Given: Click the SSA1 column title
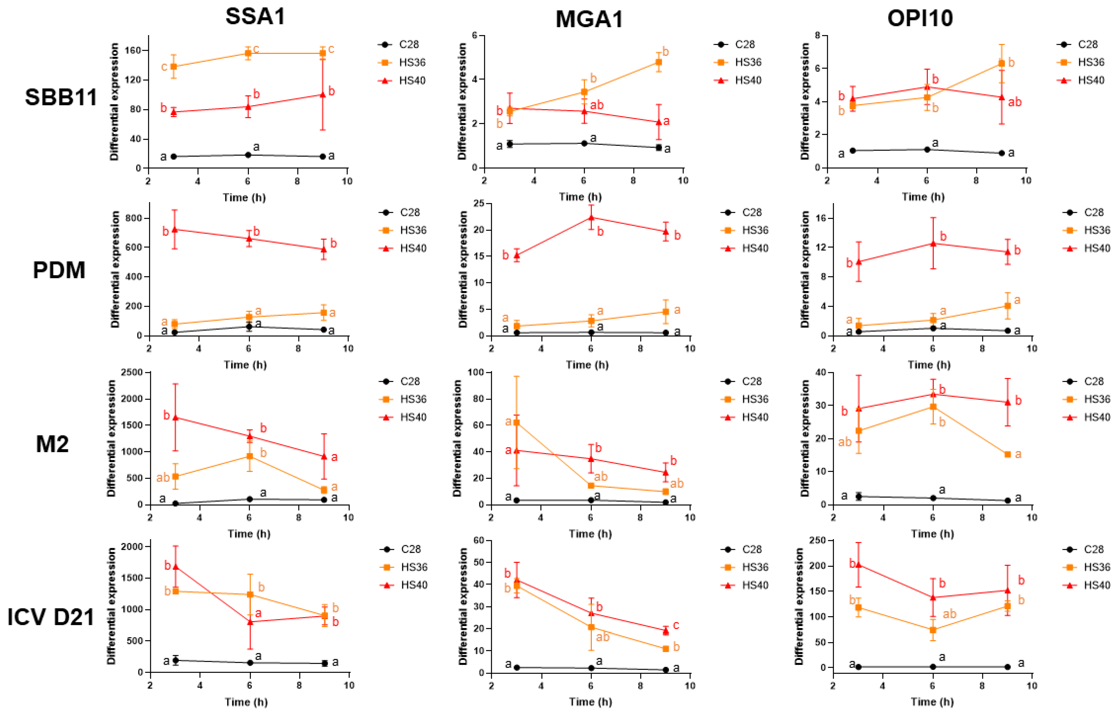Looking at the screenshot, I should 255,17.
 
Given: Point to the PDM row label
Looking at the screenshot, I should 59,270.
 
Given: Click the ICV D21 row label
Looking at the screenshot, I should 51,617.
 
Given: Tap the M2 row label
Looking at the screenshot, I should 52,444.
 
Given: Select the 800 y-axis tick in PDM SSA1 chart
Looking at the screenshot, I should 135,218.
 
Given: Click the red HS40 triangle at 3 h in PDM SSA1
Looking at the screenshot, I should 175,229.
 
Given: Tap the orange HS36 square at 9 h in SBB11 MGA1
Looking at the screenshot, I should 658,62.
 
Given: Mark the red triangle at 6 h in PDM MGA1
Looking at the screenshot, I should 591,217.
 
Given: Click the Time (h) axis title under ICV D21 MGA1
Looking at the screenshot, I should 590,702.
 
